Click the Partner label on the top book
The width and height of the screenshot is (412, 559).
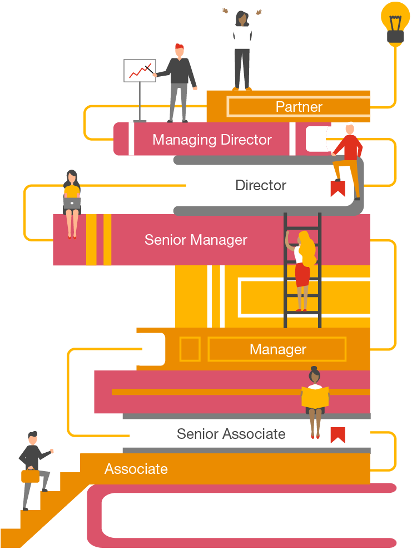pos(299,107)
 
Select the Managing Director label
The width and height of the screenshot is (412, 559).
pos(212,140)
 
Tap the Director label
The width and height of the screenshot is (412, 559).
pos(261,185)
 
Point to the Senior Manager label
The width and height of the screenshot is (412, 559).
pos(196,240)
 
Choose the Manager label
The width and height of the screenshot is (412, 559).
pos(278,349)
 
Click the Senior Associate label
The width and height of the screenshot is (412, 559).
pos(231,434)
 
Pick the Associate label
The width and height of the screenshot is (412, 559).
pos(136,469)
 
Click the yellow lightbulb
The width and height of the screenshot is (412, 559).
pos(395,21)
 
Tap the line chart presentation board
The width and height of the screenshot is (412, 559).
pos(139,71)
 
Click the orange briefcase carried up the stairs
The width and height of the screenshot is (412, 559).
pos(31,476)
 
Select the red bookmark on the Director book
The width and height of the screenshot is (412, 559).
pos(337,189)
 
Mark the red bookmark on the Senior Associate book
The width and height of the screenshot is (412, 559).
pos(337,434)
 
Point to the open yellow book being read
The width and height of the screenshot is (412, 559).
pos(315,397)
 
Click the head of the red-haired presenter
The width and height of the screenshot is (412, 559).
pos(179,50)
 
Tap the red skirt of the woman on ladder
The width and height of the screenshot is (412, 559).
pos(302,275)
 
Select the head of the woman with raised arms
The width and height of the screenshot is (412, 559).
pos(242,19)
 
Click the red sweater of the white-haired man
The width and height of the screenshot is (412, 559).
pos(349,149)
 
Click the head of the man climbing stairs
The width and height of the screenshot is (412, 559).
pos(33,438)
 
